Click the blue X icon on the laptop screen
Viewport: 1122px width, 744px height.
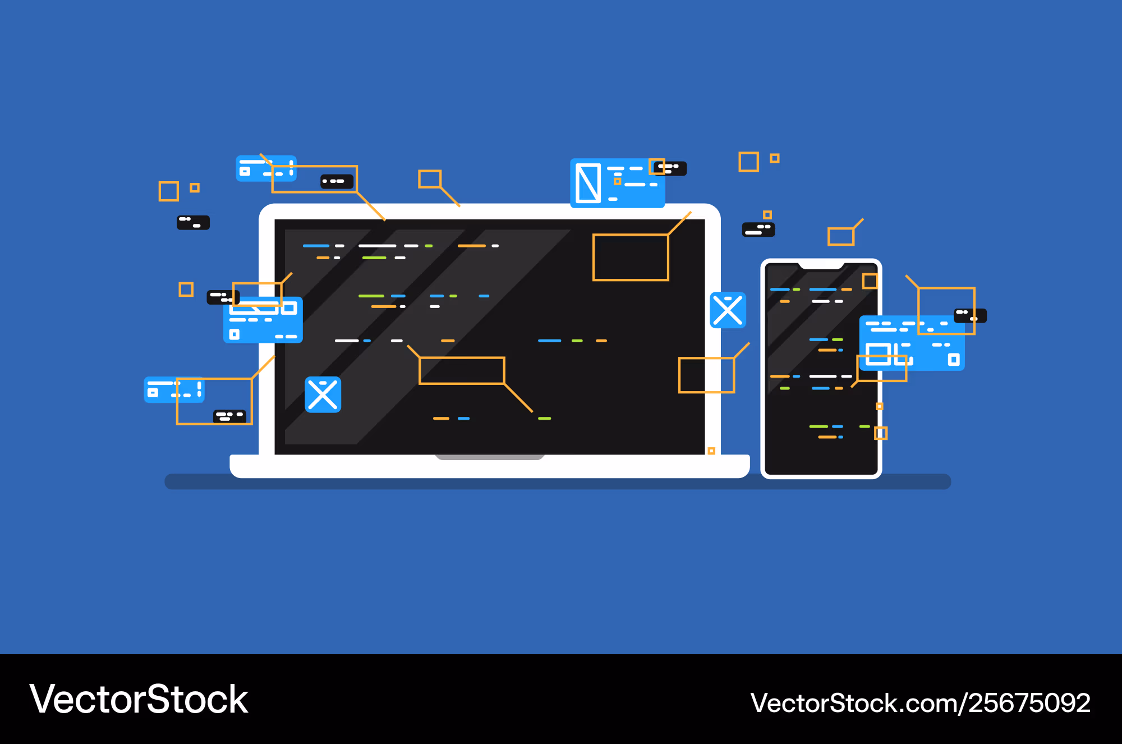[x=323, y=394]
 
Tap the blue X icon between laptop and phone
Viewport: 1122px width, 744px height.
[x=728, y=310]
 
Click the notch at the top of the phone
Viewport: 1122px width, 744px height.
[x=821, y=265]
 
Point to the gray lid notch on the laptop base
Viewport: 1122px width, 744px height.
[x=490, y=457]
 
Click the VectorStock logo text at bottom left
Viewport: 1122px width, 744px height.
[x=139, y=699]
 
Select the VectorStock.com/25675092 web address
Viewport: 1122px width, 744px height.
[x=921, y=703]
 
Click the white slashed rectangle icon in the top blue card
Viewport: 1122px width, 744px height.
[x=588, y=183]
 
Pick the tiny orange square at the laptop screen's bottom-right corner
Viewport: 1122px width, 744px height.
[x=711, y=451]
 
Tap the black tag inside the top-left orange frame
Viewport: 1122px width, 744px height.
[x=337, y=181]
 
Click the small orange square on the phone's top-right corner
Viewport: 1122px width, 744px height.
[x=870, y=281]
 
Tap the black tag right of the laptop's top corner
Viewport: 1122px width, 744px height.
[x=758, y=229]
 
